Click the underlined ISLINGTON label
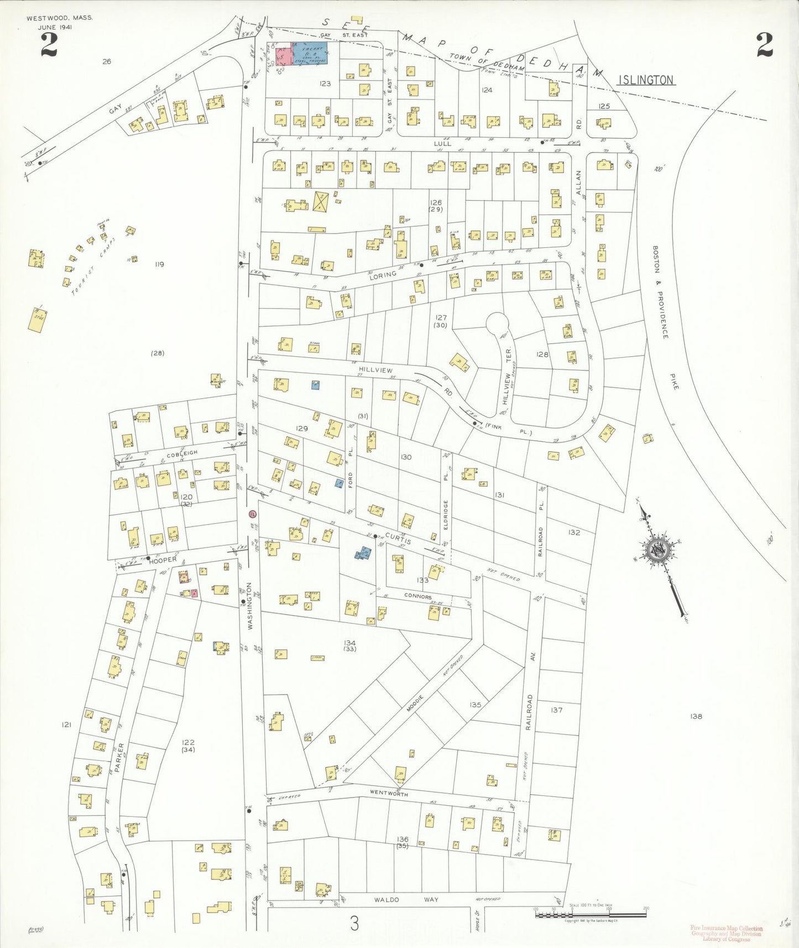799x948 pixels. click(646, 80)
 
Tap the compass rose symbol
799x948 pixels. click(659, 550)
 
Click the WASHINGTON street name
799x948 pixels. click(250, 606)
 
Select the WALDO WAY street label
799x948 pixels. click(406, 900)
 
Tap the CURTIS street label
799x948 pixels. click(399, 537)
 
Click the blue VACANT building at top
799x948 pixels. click(309, 54)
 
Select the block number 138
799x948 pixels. click(696, 716)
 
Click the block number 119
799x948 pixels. click(159, 264)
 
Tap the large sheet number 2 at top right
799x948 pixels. click(764, 45)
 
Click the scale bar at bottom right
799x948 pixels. click(590, 914)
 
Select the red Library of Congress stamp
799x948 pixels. click(726, 934)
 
